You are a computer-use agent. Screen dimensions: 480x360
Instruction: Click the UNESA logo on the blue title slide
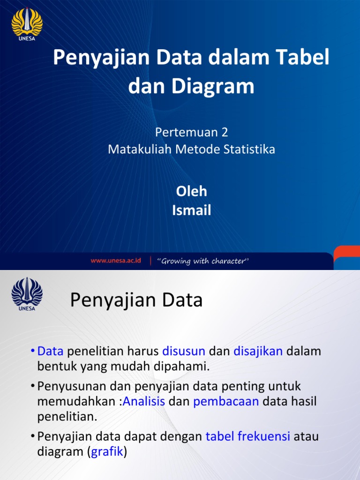(x=27, y=23)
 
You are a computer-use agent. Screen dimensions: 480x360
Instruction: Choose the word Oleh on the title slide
(x=191, y=191)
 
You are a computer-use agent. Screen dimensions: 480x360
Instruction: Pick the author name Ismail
(x=191, y=210)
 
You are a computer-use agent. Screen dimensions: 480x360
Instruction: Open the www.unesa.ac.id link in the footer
(x=116, y=261)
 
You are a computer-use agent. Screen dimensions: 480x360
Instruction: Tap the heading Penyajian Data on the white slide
(x=136, y=300)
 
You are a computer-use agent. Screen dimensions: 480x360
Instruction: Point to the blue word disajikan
(x=258, y=351)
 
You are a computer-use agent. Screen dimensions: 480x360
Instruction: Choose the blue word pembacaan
(x=226, y=402)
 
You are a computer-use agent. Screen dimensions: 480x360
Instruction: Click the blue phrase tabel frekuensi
(x=248, y=437)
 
